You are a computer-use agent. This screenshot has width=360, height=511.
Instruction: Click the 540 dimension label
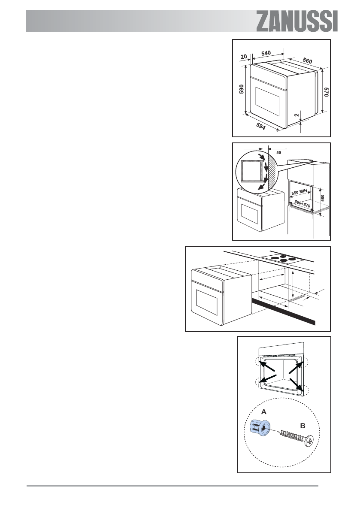tap(266, 53)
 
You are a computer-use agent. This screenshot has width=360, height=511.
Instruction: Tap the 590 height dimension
tap(241, 89)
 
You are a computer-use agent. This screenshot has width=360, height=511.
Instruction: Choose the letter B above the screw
tap(302, 426)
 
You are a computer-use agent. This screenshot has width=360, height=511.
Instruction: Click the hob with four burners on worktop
tap(280, 258)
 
